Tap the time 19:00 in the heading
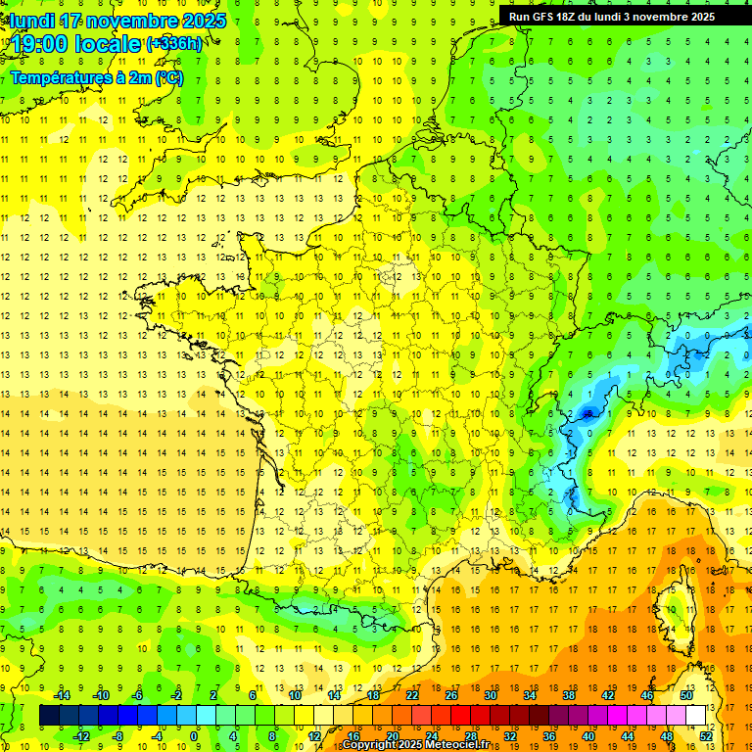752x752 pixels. tap(41, 44)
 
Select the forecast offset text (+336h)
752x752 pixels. tap(174, 44)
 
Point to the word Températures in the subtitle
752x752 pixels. tap(58, 78)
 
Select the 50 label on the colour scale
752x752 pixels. tap(685, 695)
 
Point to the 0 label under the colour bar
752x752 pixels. tap(194, 736)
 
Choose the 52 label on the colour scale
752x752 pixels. tap(706, 736)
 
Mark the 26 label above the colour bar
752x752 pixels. tap(451, 695)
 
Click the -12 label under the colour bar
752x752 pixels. tap(81, 736)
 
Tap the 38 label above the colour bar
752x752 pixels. tap(568, 695)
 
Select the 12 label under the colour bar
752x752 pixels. tap(313, 736)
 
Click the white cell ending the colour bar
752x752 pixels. tap(696, 716)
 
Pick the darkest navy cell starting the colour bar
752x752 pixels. tap(49, 716)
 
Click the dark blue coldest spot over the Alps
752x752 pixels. tap(587, 413)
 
